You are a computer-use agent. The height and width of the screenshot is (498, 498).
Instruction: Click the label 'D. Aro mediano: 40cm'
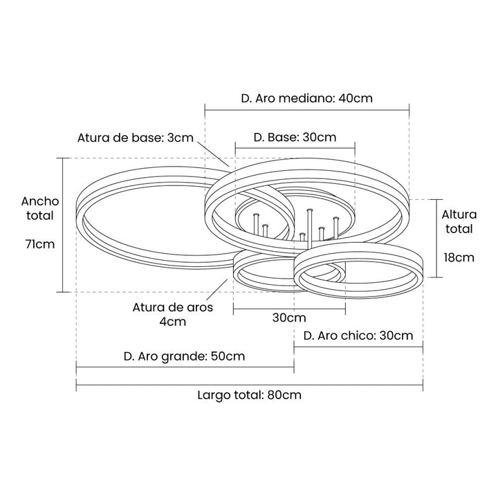(x=307, y=98)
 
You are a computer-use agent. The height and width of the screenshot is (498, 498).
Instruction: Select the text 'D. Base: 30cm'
(x=295, y=138)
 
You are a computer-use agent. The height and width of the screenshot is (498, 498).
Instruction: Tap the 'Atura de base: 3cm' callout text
(x=136, y=138)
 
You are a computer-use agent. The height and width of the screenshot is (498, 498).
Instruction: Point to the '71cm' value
(x=39, y=244)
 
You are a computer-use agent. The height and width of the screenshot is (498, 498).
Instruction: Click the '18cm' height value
(x=459, y=257)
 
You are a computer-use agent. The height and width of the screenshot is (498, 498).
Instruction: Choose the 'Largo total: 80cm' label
(x=249, y=396)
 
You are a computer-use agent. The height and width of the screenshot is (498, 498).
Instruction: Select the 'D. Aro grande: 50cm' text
(x=184, y=357)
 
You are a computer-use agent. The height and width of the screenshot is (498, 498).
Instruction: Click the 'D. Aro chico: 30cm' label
(x=358, y=336)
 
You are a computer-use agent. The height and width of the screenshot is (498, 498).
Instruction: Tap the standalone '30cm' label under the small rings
(x=289, y=318)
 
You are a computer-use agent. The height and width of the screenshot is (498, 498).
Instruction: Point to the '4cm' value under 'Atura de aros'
(x=173, y=322)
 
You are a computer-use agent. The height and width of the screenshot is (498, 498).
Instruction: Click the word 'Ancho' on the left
(x=39, y=201)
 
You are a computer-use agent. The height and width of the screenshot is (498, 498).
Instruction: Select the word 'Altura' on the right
(x=459, y=214)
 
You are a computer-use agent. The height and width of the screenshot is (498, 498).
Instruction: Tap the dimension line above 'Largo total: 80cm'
(x=249, y=385)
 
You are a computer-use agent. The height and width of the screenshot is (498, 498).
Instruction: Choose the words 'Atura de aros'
(x=173, y=307)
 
